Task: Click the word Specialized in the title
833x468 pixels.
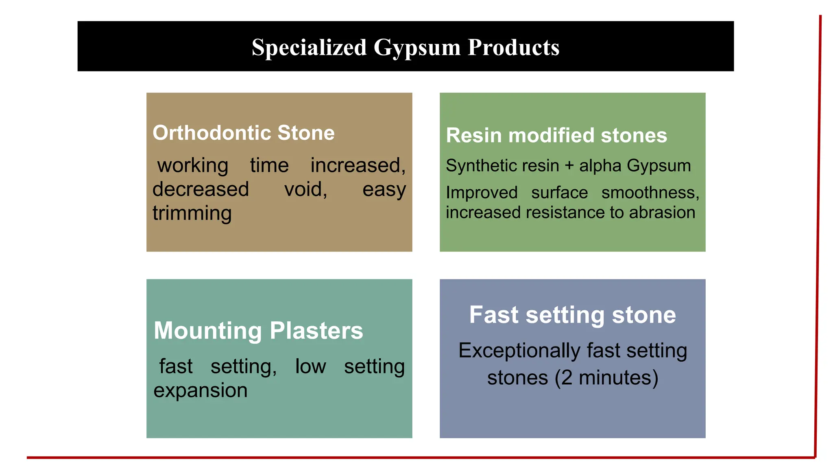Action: (309, 48)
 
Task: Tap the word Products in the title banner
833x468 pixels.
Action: (513, 48)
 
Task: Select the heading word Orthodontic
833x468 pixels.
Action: (211, 133)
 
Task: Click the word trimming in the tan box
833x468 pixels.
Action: (192, 213)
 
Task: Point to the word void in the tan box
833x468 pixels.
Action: (305, 189)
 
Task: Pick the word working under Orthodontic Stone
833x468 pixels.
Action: (193, 166)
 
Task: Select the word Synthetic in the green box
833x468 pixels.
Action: (482, 166)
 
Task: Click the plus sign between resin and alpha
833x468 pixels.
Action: (569, 166)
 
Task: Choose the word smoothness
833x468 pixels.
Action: (650, 193)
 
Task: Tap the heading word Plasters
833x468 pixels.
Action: (316, 331)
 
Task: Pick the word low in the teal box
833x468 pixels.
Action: (310, 366)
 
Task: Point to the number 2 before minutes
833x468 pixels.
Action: (567, 378)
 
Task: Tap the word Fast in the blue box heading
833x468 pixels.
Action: (494, 315)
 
